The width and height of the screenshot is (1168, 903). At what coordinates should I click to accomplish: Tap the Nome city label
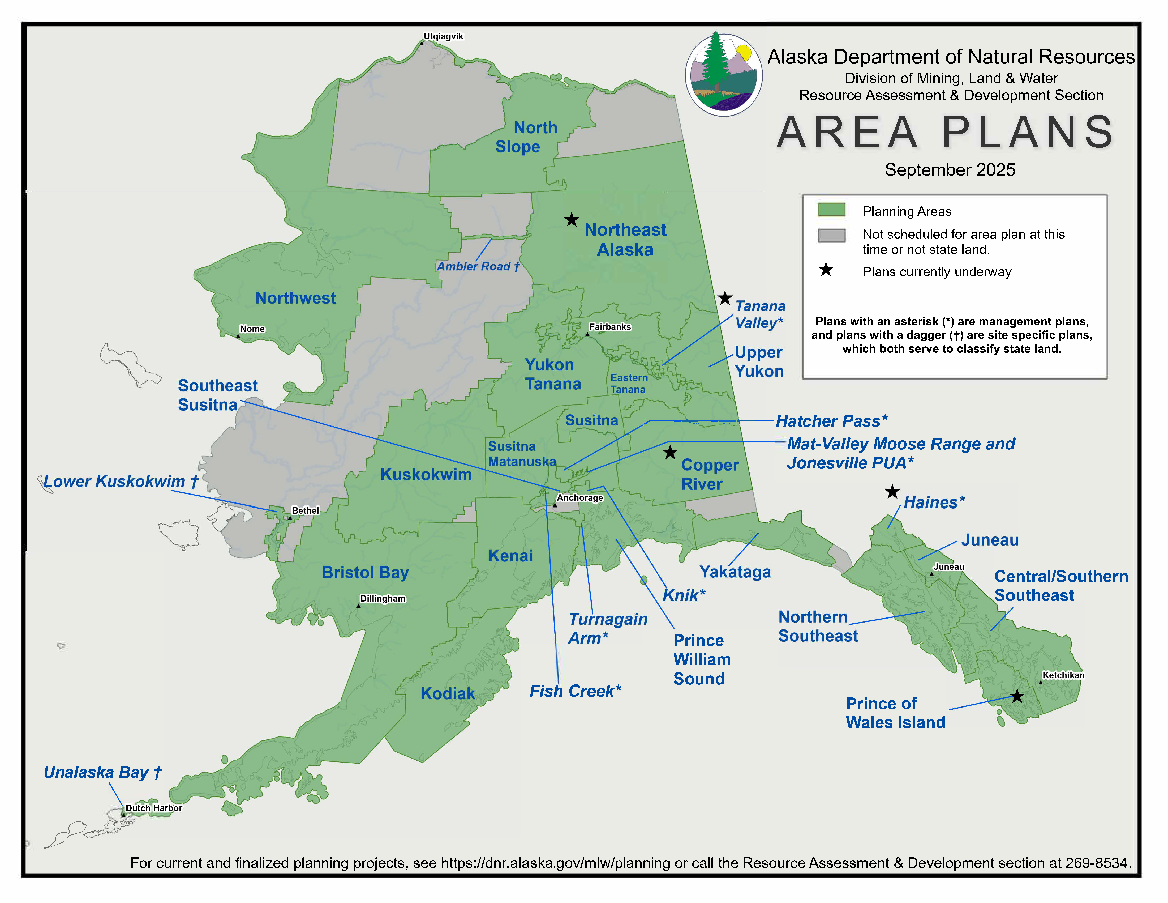(252, 329)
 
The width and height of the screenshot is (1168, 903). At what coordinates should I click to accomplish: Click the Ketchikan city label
(1063, 675)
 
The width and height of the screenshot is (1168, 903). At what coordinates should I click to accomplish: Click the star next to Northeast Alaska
(572, 220)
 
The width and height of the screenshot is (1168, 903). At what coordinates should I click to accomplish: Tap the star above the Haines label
(892, 492)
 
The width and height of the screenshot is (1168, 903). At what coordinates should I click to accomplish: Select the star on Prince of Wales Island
(1017, 697)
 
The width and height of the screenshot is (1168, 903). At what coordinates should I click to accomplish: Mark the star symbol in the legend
(826, 270)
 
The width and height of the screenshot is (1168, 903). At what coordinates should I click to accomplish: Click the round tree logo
(724, 75)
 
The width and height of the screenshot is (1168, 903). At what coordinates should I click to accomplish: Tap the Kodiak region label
(448, 694)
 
